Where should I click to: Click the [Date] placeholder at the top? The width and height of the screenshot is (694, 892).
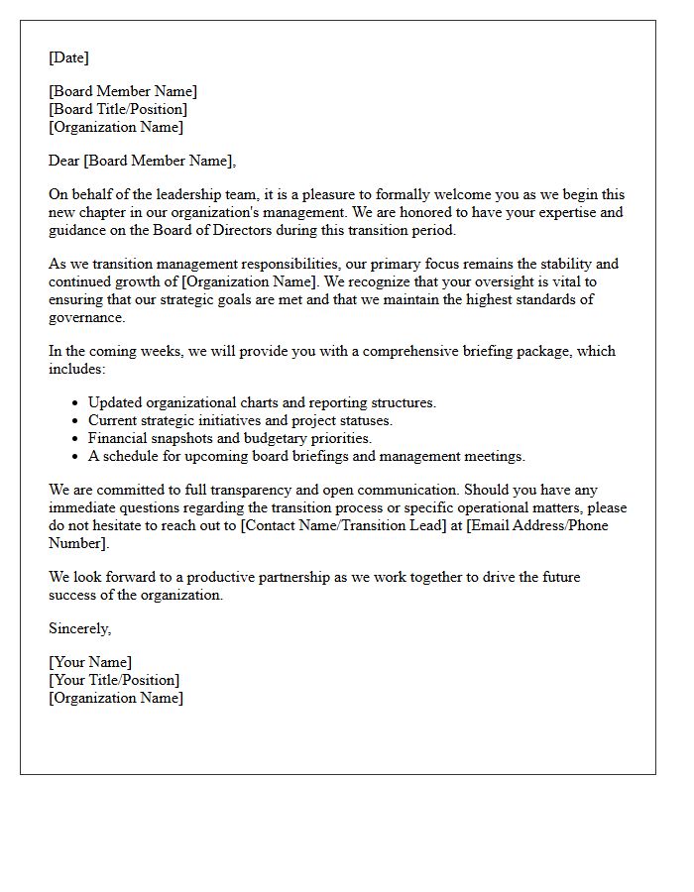[x=68, y=57]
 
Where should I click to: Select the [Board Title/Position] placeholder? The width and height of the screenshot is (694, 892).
[x=118, y=109]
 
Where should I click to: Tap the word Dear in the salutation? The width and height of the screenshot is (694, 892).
[x=64, y=161]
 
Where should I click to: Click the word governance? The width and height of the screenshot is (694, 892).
[x=86, y=317]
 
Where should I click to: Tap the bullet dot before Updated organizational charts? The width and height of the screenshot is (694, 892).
[x=75, y=403]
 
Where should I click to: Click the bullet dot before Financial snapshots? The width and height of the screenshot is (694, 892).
[x=75, y=439]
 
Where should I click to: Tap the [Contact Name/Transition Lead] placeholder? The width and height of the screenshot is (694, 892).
[x=343, y=525]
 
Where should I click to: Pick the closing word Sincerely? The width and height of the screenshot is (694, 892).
[x=79, y=628]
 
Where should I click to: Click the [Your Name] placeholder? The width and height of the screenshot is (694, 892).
[x=90, y=662]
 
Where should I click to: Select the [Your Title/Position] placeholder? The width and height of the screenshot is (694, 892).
[x=114, y=680]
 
